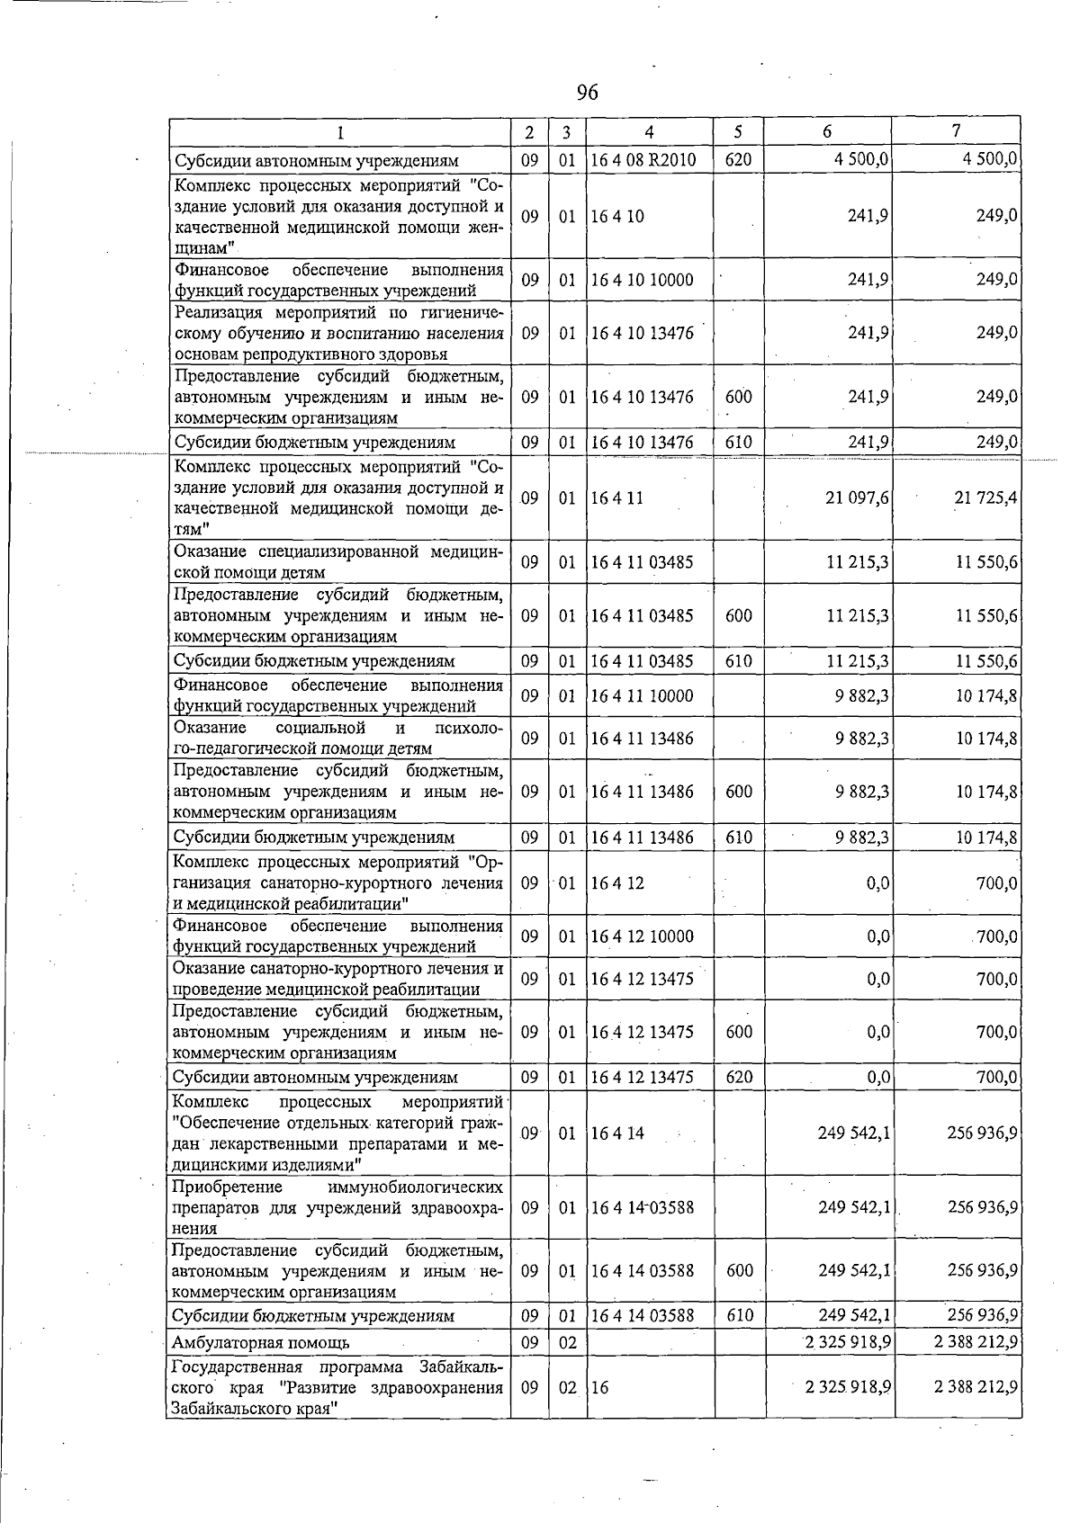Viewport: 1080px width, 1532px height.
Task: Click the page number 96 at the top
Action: [x=587, y=93]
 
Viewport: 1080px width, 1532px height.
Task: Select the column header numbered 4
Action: [x=649, y=132]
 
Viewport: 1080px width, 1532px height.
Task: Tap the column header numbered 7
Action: [x=956, y=131]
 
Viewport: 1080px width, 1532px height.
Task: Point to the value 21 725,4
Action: [x=985, y=497]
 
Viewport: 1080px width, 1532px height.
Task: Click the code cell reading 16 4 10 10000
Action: [x=642, y=280]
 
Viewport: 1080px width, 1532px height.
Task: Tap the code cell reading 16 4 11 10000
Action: [x=642, y=695]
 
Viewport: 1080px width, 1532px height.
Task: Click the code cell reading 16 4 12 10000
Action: [x=642, y=936]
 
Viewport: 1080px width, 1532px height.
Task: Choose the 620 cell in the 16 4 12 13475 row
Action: [x=739, y=1077]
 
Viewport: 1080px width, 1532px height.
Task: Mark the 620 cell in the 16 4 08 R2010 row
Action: [x=739, y=161]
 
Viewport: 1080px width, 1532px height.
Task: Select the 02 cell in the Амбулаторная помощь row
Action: [x=567, y=1342]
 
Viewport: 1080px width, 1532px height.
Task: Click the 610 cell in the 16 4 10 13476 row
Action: [x=739, y=443]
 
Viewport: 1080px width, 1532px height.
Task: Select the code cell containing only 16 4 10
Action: [x=617, y=216]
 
